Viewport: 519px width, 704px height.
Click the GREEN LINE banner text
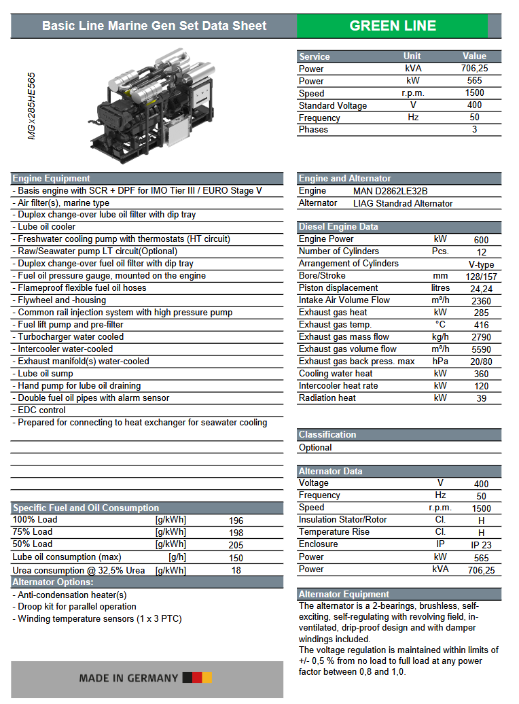pos(393,26)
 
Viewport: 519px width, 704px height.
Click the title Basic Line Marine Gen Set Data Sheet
pos(154,26)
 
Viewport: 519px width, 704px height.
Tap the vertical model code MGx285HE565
pos(32,106)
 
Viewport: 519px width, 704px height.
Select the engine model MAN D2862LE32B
pos(390,191)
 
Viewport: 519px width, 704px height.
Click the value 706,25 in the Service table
pos(474,69)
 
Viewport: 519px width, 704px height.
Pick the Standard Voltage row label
pos(332,105)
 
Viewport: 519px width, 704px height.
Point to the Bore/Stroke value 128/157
pos(481,277)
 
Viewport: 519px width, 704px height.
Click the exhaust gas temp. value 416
pos(481,325)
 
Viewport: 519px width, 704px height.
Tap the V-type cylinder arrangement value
pos(481,264)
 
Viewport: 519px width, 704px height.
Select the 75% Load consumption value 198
pos(236,533)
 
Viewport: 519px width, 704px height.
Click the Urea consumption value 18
pos(236,570)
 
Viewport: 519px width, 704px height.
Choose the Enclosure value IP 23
pos(481,545)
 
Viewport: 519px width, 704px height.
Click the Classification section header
pos(327,434)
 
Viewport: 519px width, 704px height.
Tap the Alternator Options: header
pos(53,582)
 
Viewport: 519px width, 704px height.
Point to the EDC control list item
pos(41,410)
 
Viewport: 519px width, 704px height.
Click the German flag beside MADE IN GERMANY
pos(197,677)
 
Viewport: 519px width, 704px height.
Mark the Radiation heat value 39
pos(481,399)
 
